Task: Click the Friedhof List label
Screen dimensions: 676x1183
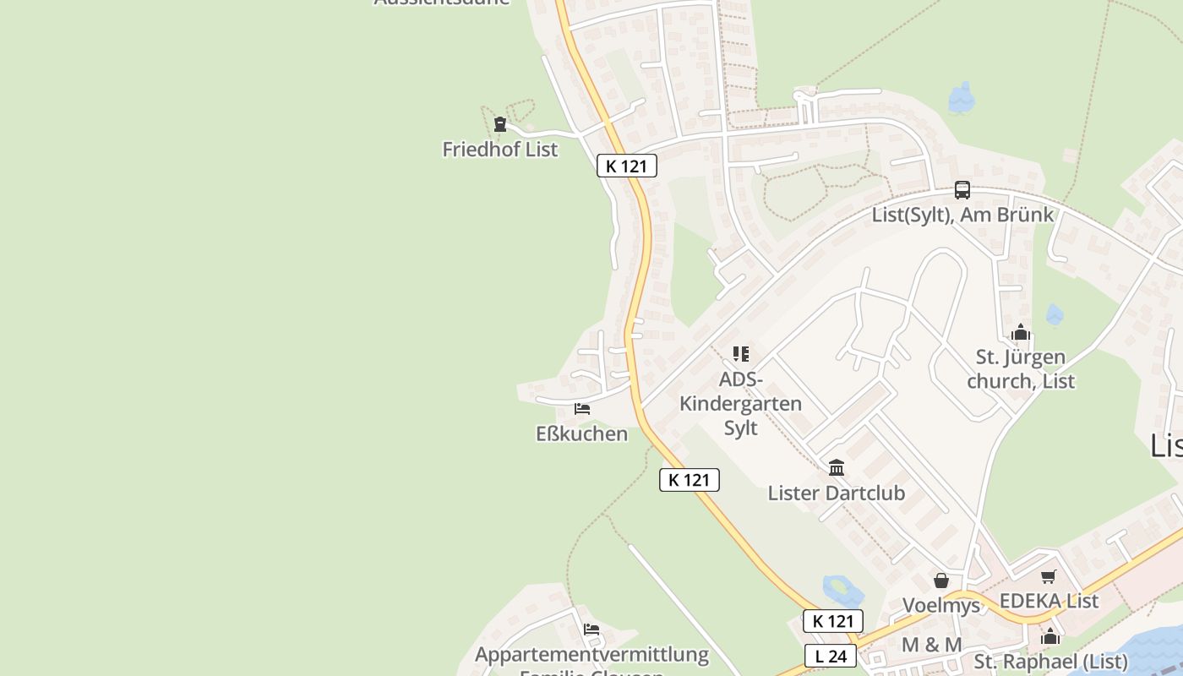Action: (x=500, y=150)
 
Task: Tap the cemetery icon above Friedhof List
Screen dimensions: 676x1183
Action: (x=500, y=125)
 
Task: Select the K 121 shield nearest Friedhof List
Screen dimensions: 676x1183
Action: (x=626, y=166)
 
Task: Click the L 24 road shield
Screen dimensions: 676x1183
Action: (x=831, y=656)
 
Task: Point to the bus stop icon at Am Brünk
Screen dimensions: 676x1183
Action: (x=962, y=190)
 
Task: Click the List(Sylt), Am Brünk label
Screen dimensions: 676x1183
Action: (x=962, y=215)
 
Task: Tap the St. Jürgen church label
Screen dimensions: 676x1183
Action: (x=1021, y=369)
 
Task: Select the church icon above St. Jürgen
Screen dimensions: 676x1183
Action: (x=1021, y=332)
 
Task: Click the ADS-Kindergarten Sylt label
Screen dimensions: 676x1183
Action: (x=741, y=403)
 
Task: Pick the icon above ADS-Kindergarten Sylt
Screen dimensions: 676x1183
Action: (x=741, y=354)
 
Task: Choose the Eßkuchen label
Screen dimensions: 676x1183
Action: (x=582, y=433)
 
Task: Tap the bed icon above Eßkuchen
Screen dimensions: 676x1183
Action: (x=582, y=409)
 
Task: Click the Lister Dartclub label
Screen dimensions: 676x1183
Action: (x=837, y=493)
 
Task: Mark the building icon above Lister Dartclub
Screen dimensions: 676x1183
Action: (x=837, y=467)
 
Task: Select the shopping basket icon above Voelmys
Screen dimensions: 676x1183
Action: (x=941, y=581)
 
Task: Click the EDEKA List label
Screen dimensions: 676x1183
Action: (x=1049, y=601)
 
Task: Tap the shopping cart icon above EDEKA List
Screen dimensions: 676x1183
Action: (x=1049, y=576)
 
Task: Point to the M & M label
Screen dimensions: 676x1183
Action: (x=932, y=645)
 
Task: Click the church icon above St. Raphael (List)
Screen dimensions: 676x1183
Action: (x=1050, y=636)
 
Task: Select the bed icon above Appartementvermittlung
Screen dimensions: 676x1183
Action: (x=591, y=630)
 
